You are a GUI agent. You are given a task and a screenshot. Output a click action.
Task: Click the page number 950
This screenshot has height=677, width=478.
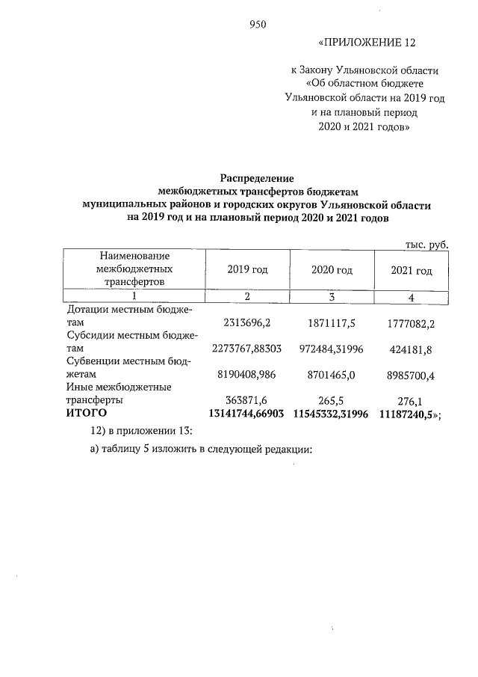258,24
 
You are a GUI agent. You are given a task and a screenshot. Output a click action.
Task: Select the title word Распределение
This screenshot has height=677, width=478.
257,179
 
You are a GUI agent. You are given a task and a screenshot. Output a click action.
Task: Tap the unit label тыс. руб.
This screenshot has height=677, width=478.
426,244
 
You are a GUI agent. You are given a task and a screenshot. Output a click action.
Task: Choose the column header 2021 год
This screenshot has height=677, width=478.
412,270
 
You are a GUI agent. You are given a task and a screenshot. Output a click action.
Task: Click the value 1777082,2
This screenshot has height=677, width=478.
412,322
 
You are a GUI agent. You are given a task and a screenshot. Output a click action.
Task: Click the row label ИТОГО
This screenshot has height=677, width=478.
87,413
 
